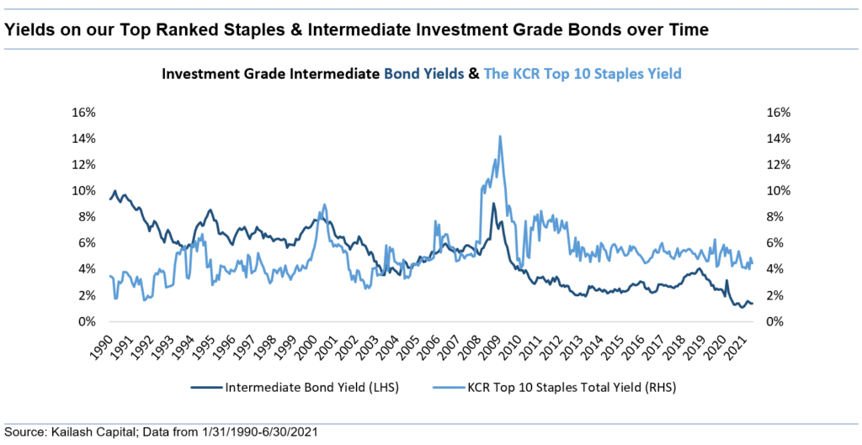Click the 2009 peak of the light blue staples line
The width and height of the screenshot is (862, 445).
[x=500, y=136]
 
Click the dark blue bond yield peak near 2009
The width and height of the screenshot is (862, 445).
[x=492, y=204]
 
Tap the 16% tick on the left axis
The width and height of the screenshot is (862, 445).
[x=85, y=112]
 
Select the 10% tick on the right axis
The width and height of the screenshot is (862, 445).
[x=775, y=190]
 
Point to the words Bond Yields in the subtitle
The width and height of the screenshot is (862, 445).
[x=423, y=74]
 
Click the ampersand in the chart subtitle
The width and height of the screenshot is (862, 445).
[x=474, y=74]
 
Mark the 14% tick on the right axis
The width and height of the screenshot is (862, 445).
[x=775, y=138]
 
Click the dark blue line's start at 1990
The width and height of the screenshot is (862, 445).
[x=110, y=199]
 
